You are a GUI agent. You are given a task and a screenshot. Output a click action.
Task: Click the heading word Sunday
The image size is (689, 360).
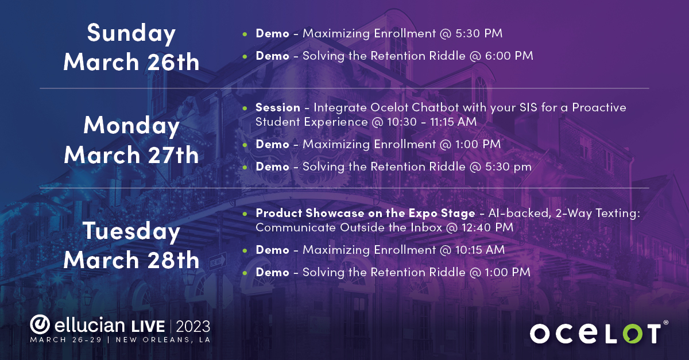point(131,34)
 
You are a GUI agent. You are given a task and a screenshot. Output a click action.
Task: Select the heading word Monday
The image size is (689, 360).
point(131,126)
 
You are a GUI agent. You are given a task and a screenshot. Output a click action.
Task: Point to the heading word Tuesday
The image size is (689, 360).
point(131,231)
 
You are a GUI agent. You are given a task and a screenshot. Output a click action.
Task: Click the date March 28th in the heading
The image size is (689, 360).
point(131,260)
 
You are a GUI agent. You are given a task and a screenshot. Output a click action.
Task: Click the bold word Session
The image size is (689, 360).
point(278,107)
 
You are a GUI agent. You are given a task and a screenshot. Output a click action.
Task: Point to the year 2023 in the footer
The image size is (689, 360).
point(193,326)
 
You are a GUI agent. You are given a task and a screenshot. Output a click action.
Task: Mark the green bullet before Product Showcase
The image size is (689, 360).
point(245,214)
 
